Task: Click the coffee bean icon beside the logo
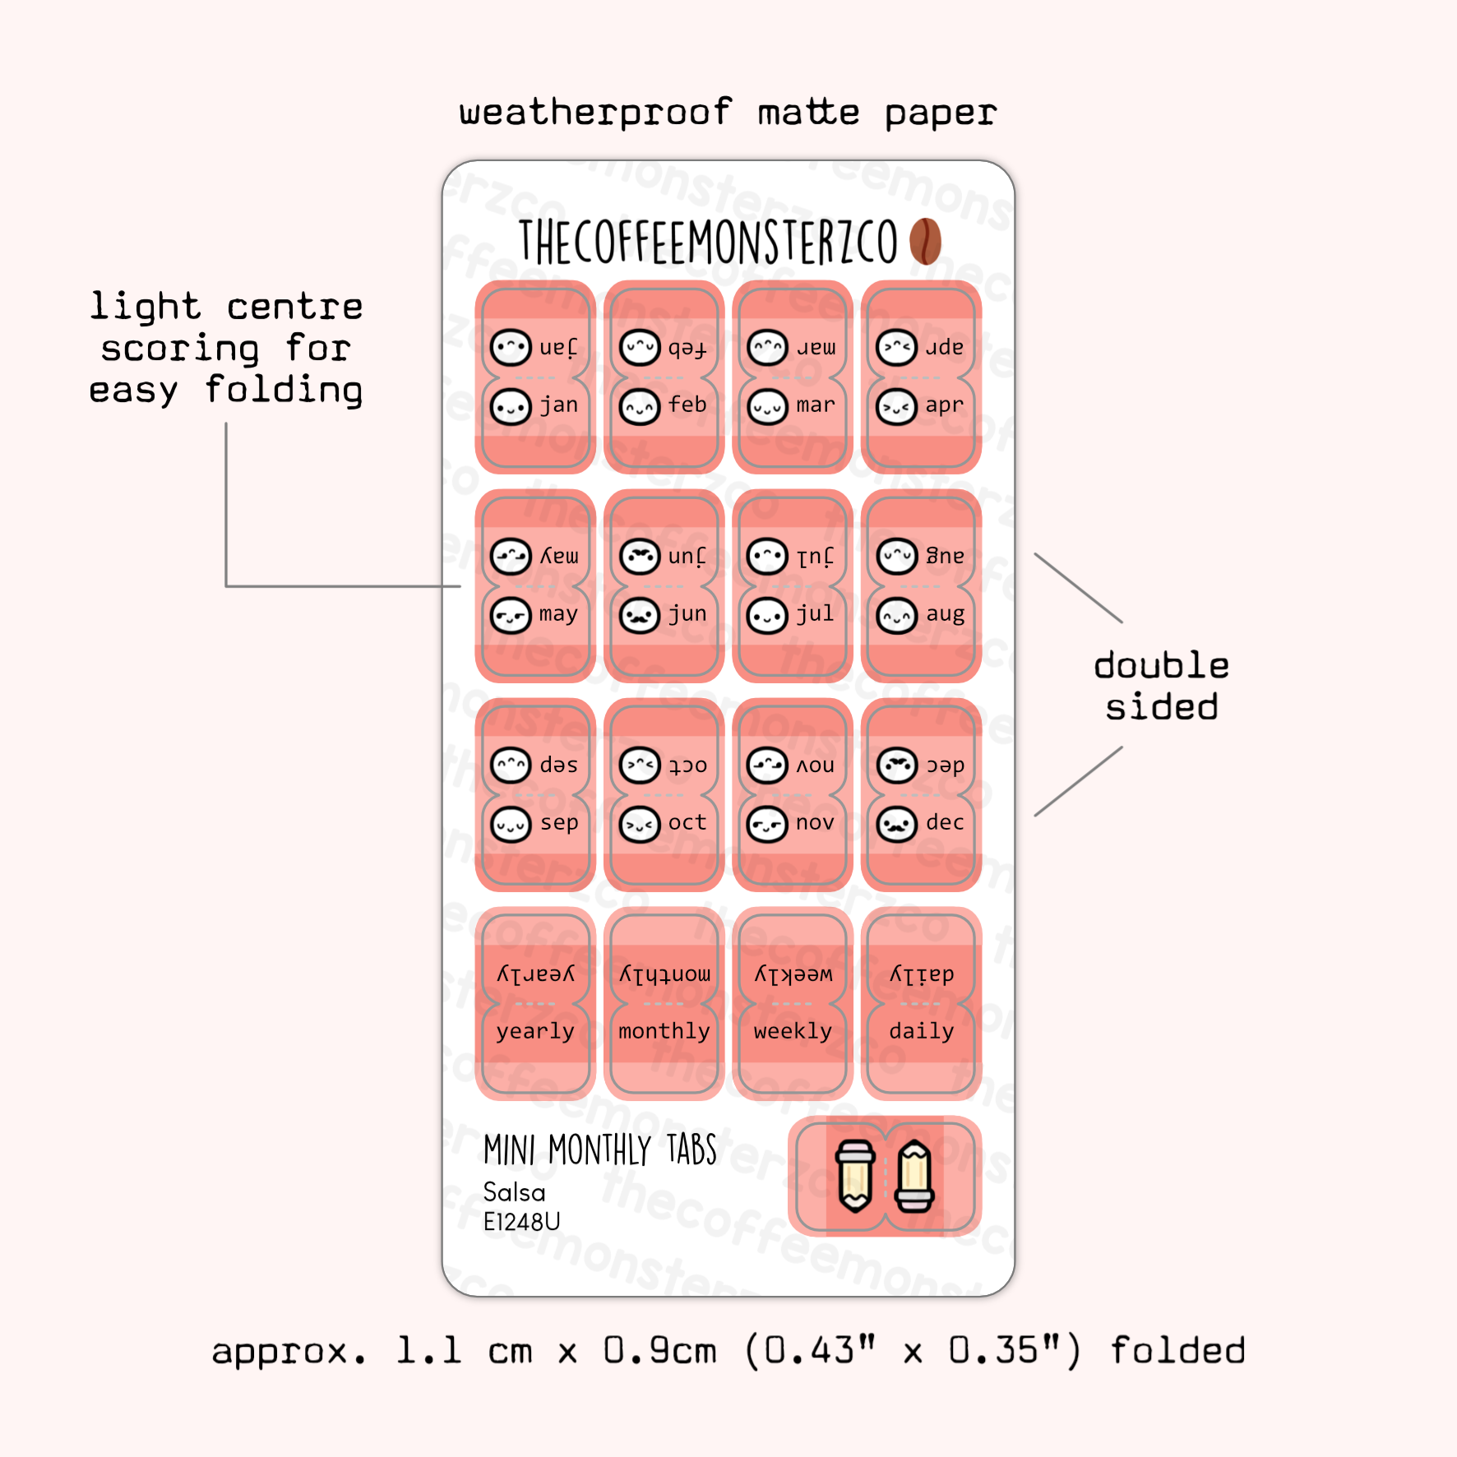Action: pyautogui.click(x=925, y=241)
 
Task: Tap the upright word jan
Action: pyautogui.click(x=559, y=405)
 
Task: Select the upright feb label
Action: pyautogui.click(x=687, y=405)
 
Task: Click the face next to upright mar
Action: pyautogui.click(x=767, y=407)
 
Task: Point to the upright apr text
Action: pyautogui.click(x=944, y=405)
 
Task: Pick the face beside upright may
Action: pyautogui.click(x=511, y=615)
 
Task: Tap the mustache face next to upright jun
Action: pyautogui.click(x=640, y=615)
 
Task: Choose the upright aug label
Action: pyautogui.click(x=945, y=614)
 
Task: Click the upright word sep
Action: pyautogui.click(x=559, y=823)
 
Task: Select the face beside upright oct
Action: pyautogui.click(x=640, y=824)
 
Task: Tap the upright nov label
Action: pyautogui.click(x=815, y=823)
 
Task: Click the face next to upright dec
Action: pyautogui.click(x=897, y=824)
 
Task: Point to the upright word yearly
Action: pyautogui.click(x=535, y=1032)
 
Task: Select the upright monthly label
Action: pyautogui.click(x=664, y=1031)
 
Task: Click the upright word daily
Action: pyautogui.click(x=922, y=1031)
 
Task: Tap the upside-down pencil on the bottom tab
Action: pyautogui.click(x=855, y=1176)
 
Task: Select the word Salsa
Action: pyautogui.click(x=514, y=1192)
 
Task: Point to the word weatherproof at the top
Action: pyautogui.click(x=595, y=113)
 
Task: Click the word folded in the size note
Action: pyautogui.click(x=1177, y=1351)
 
